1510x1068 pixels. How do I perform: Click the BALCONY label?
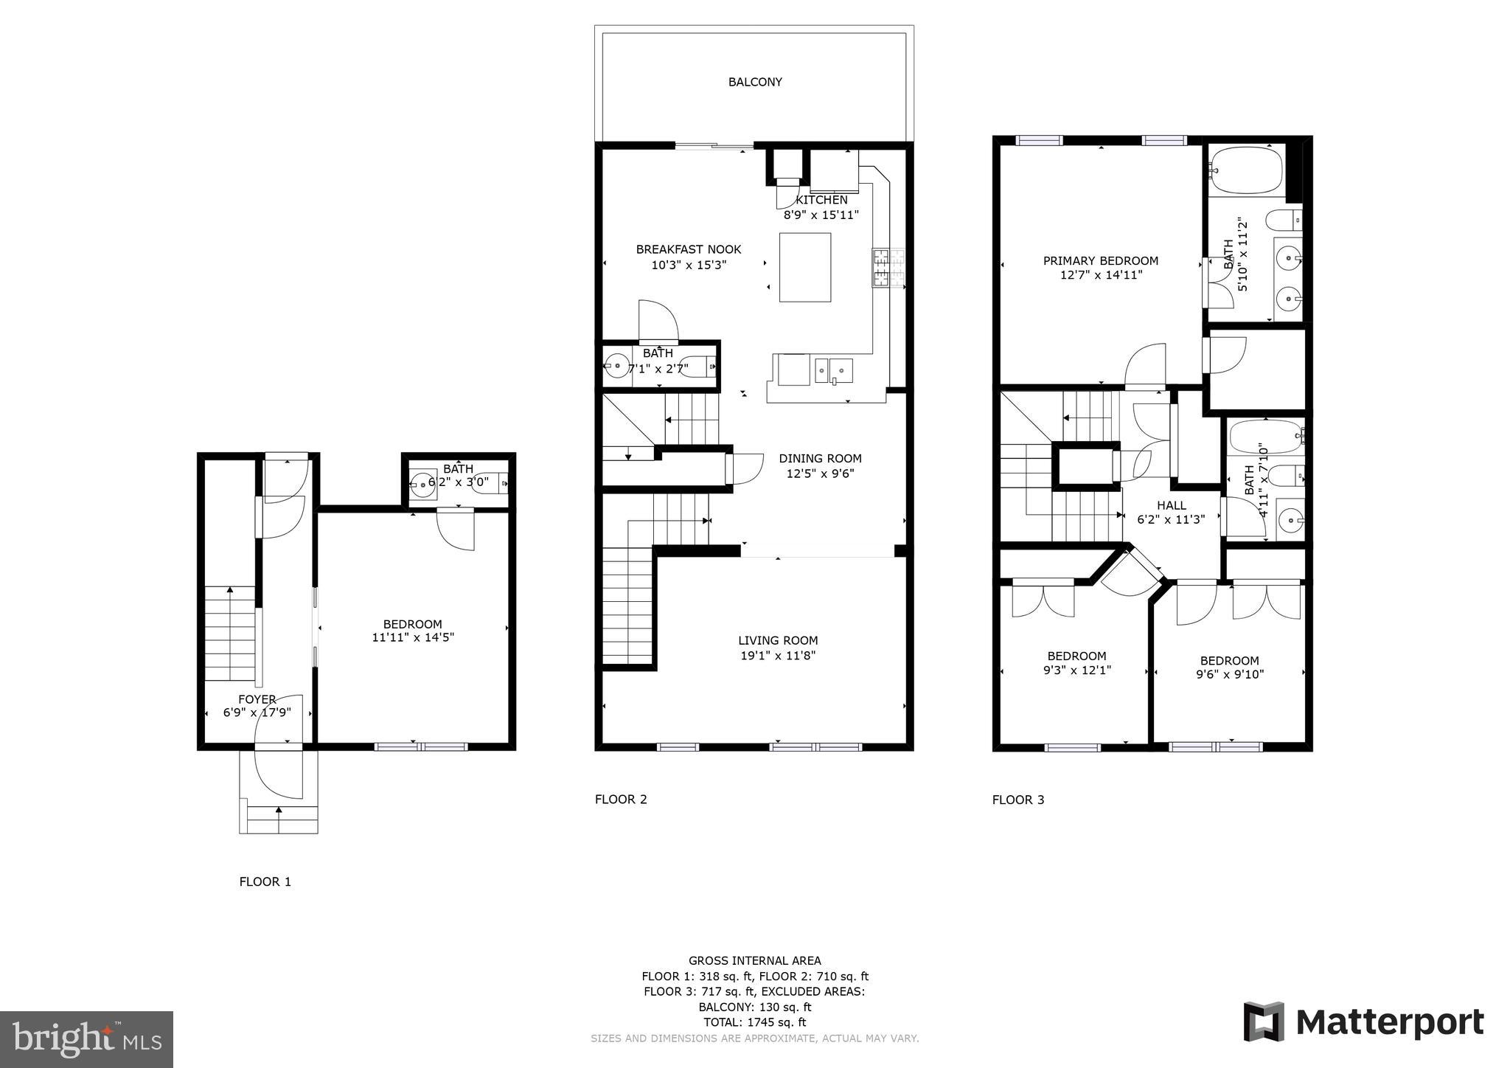point(755,82)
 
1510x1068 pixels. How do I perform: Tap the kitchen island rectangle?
point(805,267)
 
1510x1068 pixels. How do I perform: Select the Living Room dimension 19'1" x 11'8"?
point(778,656)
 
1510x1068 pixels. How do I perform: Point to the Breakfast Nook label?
point(689,249)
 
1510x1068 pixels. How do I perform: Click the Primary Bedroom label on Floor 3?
point(1100,260)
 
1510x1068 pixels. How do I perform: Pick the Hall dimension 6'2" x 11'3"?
point(1171,519)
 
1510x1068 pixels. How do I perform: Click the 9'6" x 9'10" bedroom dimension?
point(1229,674)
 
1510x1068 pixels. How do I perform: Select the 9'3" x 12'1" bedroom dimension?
point(1076,670)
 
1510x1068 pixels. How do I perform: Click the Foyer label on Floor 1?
point(257,699)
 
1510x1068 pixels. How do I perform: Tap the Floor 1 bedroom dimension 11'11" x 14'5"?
point(413,637)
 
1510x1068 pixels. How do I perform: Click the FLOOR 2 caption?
point(621,799)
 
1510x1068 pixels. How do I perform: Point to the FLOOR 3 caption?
point(1017,800)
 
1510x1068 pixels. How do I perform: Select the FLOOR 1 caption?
point(265,881)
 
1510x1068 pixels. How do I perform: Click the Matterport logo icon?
point(1264,1022)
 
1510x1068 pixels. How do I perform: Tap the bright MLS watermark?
point(86,1038)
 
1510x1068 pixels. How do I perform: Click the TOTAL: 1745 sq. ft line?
point(754,1022)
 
